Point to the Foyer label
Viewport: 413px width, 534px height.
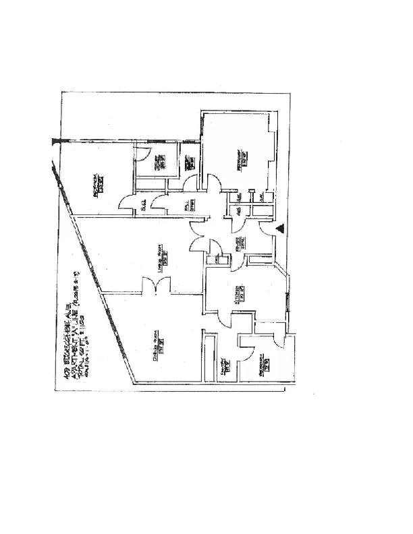click(x=239, y=244)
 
